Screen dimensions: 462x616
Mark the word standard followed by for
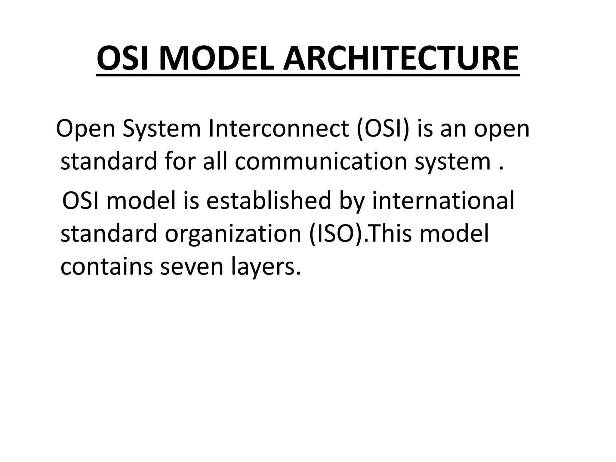pos(109,162)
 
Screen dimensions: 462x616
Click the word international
pos(443,201)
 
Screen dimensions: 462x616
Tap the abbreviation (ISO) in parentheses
pos(336,233)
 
